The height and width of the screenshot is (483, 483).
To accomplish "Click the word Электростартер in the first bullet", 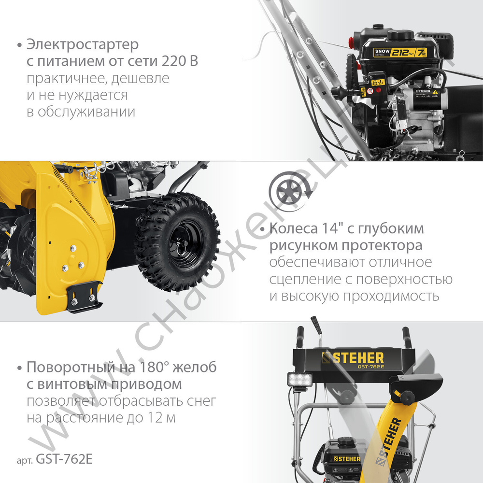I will [x=83, y=45].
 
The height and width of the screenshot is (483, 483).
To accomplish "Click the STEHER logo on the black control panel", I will [x=353, y=358].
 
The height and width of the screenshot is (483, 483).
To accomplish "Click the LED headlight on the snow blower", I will [x=299, y=381].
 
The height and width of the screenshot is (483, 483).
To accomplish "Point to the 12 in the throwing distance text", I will [x=155, y=418].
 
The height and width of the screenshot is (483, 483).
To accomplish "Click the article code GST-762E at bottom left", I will [x=62, y=459].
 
